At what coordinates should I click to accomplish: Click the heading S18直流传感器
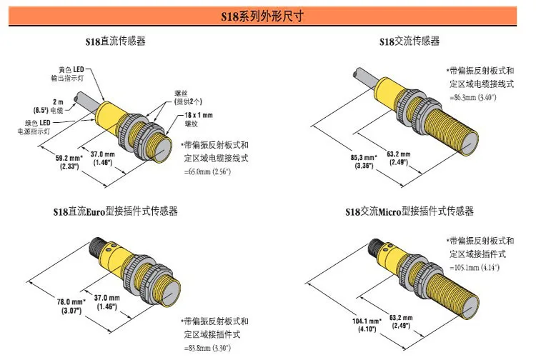click(115, 41)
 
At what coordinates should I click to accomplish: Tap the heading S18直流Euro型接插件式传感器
click(115, 211)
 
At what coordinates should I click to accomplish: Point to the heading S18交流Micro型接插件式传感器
click(410, 211)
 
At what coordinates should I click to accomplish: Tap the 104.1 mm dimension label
click(364, 323)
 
